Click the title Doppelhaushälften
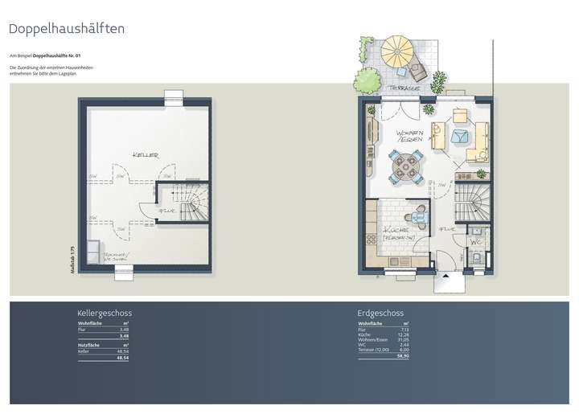click(66, 29)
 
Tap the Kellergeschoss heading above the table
click(105, 313)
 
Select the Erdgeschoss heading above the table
click(380, 313)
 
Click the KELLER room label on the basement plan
click(145, 154)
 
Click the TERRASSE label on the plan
click(400, 87)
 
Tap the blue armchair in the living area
click(462, 137)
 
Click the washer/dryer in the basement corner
click(92, 254)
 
